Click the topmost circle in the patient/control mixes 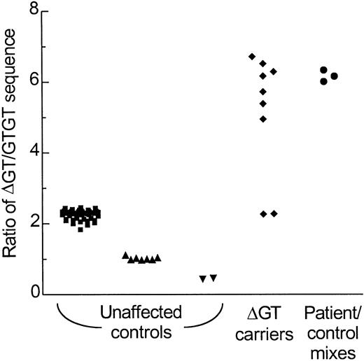point(323,70)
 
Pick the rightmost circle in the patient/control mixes point(334,76)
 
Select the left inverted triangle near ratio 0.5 point(202,279)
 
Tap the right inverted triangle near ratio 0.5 point(213,278)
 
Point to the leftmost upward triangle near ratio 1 point(125,255)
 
